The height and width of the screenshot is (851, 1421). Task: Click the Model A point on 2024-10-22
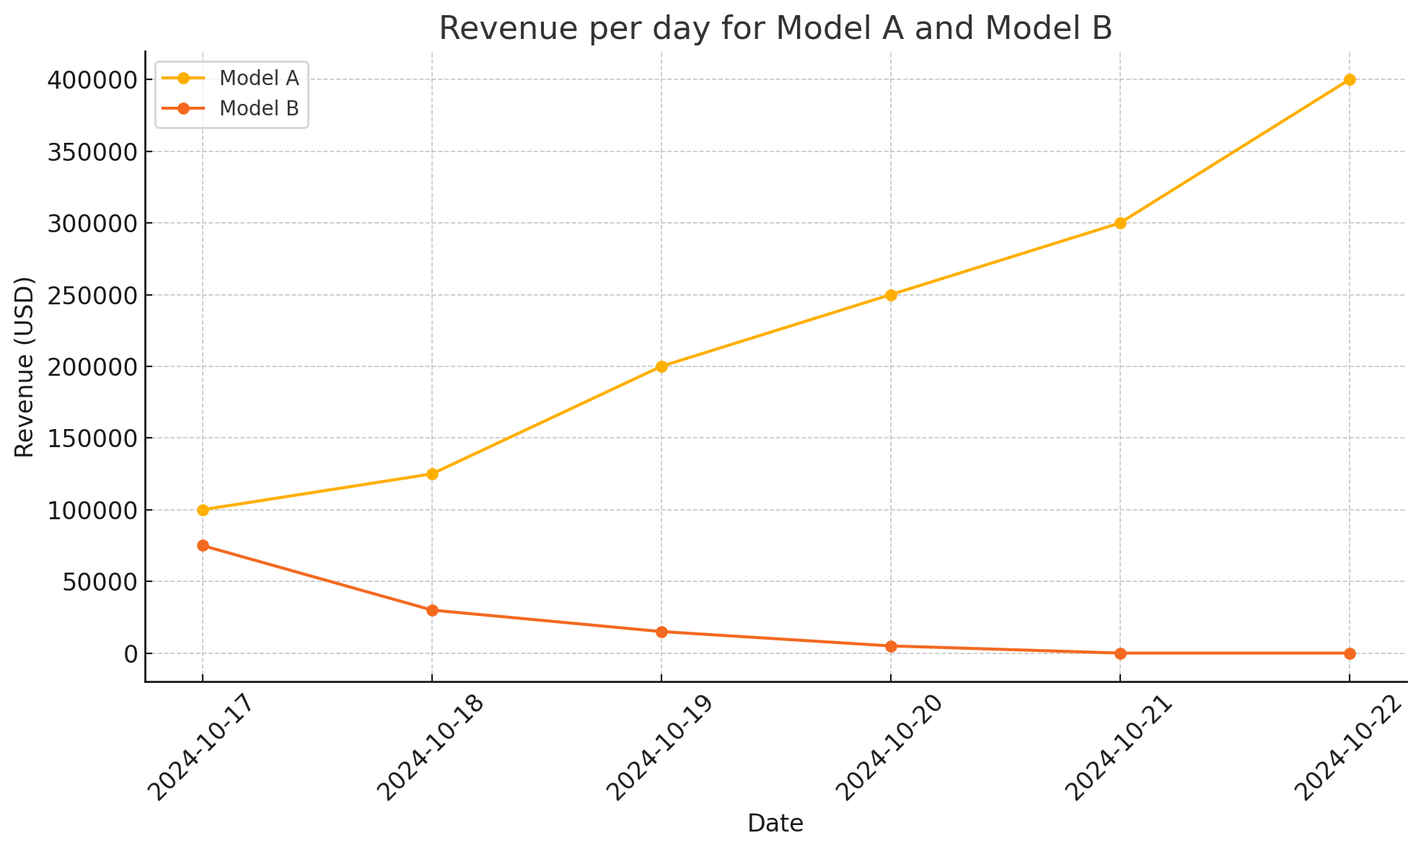click(x=1350, y=79)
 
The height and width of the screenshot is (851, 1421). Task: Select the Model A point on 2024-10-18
click(x=432, y=474)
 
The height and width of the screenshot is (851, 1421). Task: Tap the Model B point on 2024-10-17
click(x=203, y=546)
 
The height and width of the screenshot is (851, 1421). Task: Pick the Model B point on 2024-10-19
click(x=661, y=632)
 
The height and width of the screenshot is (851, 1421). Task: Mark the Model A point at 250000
click(x=891, y=295)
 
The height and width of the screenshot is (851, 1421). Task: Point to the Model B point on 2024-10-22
click(x=1350, y=653)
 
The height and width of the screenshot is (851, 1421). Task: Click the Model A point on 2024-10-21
click(x=1120, y=223)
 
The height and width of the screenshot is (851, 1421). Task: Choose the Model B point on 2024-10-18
click(x=432, y=610)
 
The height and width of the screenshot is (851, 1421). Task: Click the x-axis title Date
click(x=775, y=824)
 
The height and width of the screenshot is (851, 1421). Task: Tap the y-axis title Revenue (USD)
click(x=25, y=366)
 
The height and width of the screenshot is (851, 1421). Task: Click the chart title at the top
click(x=775, y=29)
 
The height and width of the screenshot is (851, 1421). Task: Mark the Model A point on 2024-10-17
click(x=203, y=510)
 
